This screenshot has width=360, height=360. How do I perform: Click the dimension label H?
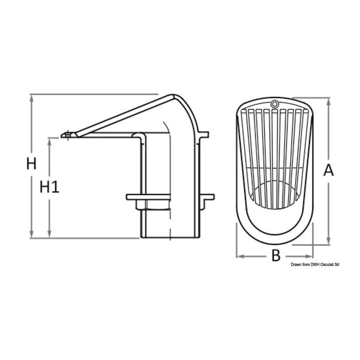click(31, 164)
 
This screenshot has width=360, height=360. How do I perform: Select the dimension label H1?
click(49, 186)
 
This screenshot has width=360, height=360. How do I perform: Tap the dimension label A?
click(328, 170)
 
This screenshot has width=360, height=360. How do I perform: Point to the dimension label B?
click(276, 256)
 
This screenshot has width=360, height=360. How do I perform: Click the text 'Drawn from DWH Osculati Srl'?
click(315, 265)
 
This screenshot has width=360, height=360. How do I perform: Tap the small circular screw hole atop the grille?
click(274, 104)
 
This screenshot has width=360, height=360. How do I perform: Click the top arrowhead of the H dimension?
click(32, 98)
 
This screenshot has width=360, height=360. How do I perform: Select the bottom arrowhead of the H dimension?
click(32, 235)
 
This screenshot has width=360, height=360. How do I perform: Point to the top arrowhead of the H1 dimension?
click(49, 142)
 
